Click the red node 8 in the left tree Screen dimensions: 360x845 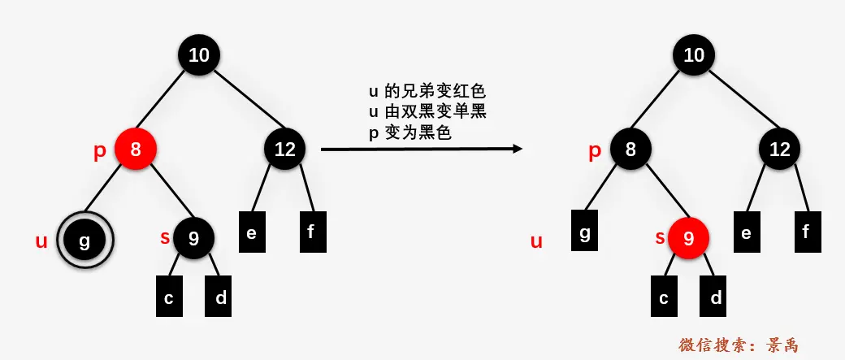[135, 150]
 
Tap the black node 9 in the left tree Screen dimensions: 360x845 [193, 238]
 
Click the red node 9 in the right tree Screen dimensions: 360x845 [689, 238]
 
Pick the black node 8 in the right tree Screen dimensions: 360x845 [630, 150]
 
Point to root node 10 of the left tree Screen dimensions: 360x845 [200, 55]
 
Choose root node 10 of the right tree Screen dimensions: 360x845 [695, 55]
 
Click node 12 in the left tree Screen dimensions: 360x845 [284, 150]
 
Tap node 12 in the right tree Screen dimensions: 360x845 [780, 150]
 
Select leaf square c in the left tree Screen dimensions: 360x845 [168, 297]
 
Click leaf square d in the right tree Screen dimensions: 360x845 [716, 297]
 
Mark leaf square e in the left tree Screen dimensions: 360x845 [251, 232]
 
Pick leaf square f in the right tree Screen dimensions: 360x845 [806, 232]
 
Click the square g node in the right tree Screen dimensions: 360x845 [585, 232]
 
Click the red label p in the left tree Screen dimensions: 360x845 [100, 152]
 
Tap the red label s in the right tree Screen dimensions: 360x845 [660, 238]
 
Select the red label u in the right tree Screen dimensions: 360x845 [536, 241]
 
